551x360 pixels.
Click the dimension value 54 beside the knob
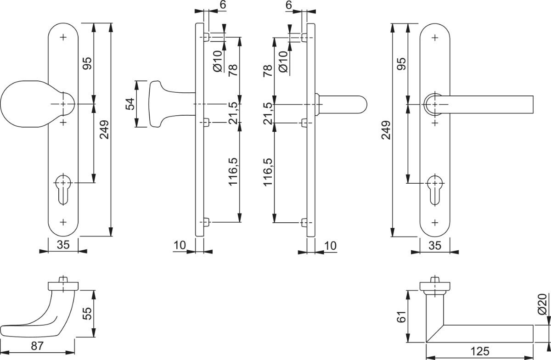click(130, 104)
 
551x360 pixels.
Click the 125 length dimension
click(479, 352)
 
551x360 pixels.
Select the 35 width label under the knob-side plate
click(63, 245)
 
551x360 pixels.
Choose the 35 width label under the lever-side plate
click(434, 245)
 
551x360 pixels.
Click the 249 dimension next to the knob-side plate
click(104, 130)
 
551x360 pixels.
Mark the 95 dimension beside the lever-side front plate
click(401, 64)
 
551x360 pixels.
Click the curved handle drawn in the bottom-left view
click(41, 312)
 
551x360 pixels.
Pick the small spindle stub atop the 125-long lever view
click(435, 280)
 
